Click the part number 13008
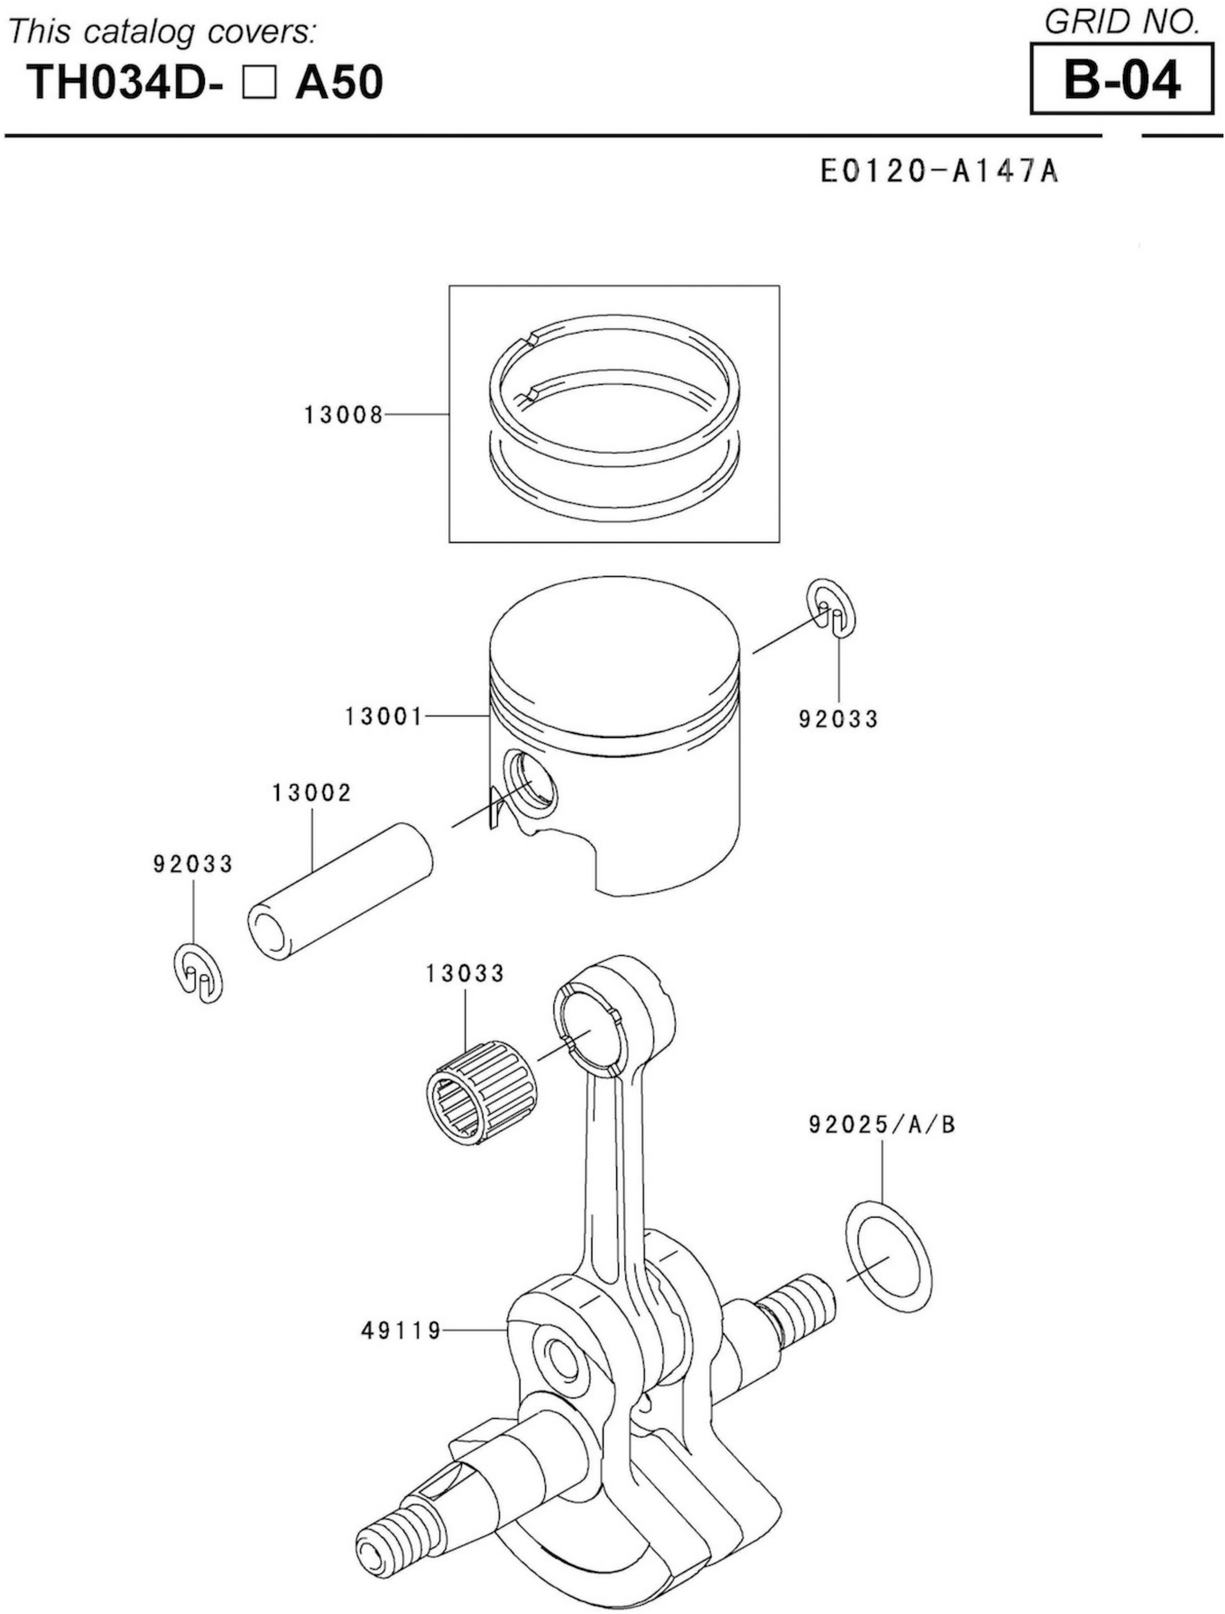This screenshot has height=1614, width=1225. coord(343,415)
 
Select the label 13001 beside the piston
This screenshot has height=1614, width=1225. coord(384,717)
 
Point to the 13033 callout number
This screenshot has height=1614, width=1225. coord(465,973)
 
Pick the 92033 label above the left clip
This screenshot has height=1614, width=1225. coord(193,864)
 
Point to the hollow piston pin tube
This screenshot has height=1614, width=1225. coord(340,892)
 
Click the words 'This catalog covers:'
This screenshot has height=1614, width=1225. coord(162,32)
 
